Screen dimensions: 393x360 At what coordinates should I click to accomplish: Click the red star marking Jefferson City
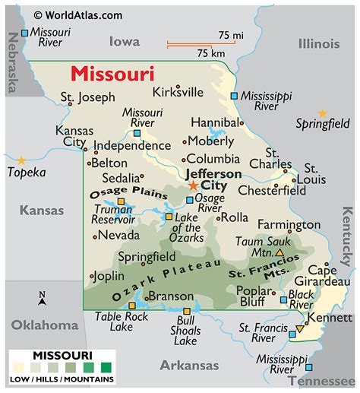193,185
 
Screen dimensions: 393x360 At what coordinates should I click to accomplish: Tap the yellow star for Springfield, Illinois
322,113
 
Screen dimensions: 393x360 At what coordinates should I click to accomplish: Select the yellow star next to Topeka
21,160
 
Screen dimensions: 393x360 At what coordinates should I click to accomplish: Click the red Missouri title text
112,74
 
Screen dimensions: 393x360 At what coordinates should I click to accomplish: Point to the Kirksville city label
177,92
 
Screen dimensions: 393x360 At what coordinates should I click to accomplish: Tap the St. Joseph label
88,97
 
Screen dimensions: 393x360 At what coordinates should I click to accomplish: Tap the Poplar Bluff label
254,296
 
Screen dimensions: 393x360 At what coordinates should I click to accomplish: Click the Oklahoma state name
44,325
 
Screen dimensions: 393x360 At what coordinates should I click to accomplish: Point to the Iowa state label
125,41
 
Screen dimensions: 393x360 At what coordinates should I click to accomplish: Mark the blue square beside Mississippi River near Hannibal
234,96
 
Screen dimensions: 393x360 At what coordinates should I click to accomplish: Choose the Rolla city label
235,217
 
